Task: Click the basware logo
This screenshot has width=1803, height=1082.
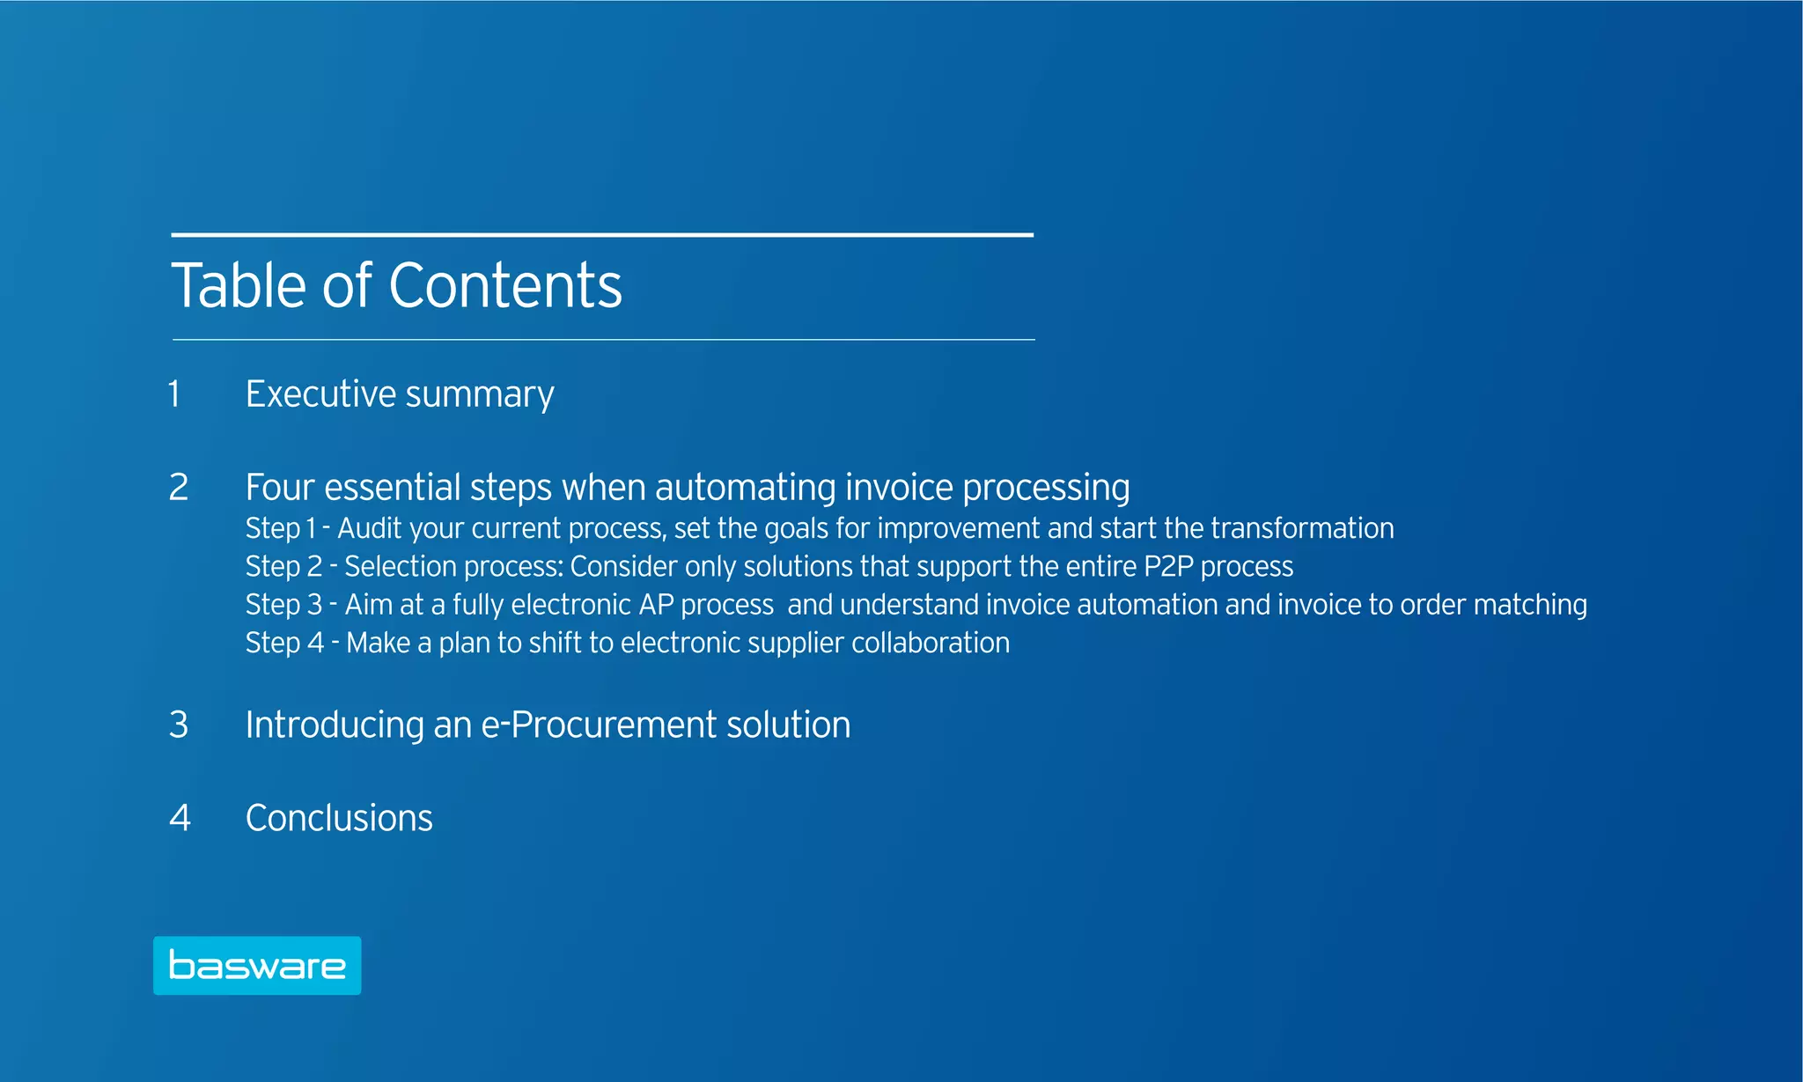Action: click(257, 966)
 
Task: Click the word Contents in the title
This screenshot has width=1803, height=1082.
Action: click(505, 286)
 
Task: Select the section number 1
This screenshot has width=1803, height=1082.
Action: click(174, 394)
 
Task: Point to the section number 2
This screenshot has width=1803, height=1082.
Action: click(179, 488)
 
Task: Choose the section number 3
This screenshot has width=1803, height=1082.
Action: click(179, 725)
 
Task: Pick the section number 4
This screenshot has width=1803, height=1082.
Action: click(180, 819)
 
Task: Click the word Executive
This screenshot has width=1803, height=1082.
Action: click(320, 394)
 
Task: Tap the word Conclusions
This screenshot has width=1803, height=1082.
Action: click(339, 819)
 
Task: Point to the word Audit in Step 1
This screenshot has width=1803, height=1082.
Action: click(370, 528)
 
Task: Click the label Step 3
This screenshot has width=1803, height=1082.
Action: click(283, 606)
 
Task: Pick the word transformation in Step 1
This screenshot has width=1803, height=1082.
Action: click(1302, 528)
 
